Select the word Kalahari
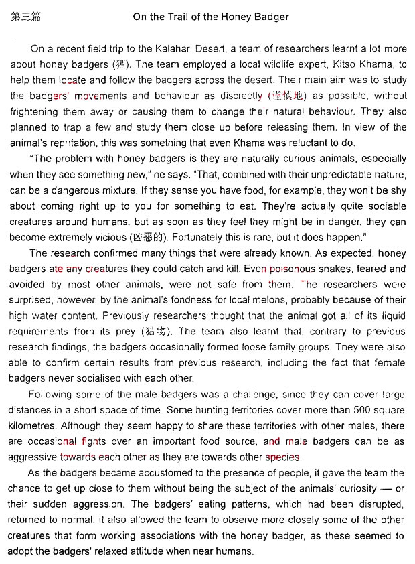tap(195, 49)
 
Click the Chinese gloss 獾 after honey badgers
tap(122, 65)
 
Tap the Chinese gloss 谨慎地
tap(288, 96)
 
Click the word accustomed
tap(191, 473)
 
